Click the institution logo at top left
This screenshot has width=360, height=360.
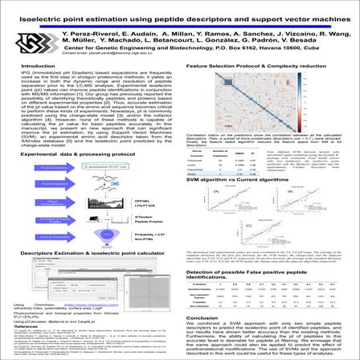tap(32, 41)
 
